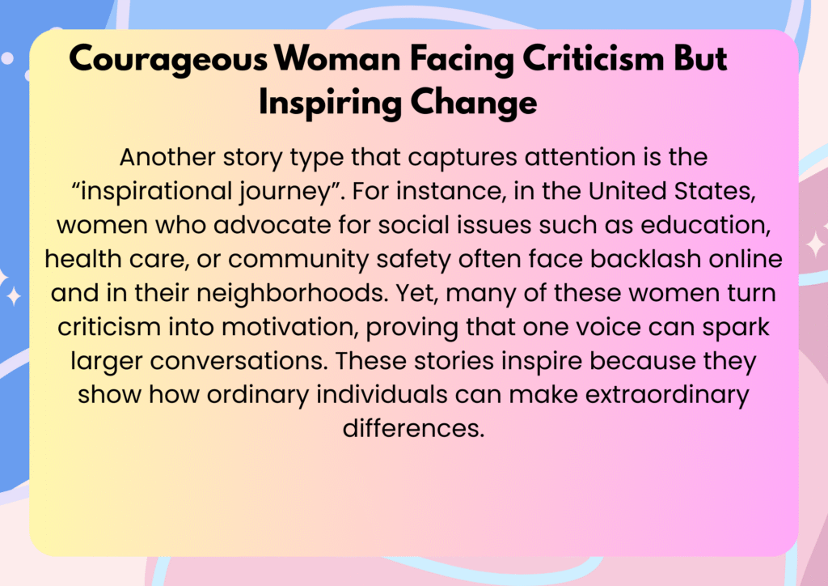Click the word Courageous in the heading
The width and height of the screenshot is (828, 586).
[168, 59]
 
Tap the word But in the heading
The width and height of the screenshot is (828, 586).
[700, 57]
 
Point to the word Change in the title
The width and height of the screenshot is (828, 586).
[474, 103]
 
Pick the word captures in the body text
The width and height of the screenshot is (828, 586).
[462, 158]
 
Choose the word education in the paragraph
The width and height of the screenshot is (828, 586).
[705, 226]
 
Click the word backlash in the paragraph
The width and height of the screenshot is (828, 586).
[645, 259]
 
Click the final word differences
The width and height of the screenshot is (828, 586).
[413, 428]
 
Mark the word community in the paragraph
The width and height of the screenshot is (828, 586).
[298, 260]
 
